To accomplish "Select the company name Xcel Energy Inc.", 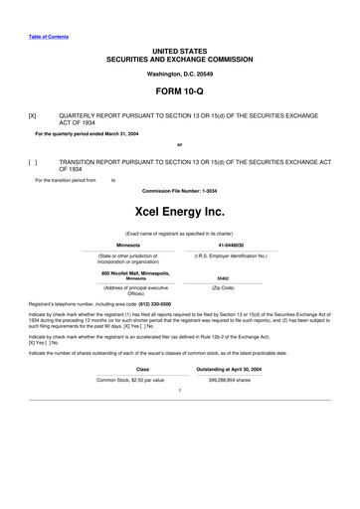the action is point(179,211).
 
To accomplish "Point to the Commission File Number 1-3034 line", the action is point(179,190).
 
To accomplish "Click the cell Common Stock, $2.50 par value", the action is point(129,380).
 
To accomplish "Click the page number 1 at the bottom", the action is point(179,390).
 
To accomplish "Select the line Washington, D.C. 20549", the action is point(179,74).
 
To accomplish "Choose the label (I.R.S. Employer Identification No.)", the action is point(232,255).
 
